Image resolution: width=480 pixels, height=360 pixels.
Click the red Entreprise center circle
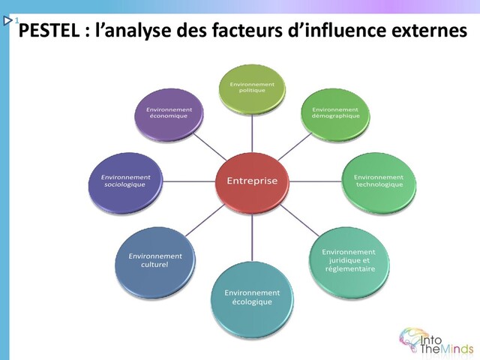click(252, 180)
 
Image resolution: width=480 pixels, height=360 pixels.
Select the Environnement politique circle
click(252, 88)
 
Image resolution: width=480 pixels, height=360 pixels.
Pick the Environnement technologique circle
click(378, 181)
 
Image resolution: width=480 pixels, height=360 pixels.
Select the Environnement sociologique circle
click(125, 181)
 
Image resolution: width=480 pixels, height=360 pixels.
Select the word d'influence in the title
click(336, 32)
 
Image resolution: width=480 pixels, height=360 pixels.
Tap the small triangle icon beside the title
click(8, 23)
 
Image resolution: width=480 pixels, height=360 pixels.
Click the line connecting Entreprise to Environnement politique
click(252, 134)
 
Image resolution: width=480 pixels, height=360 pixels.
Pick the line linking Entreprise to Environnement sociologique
click(188, 181)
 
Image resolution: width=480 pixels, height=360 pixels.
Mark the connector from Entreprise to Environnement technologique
click(314, 181)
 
